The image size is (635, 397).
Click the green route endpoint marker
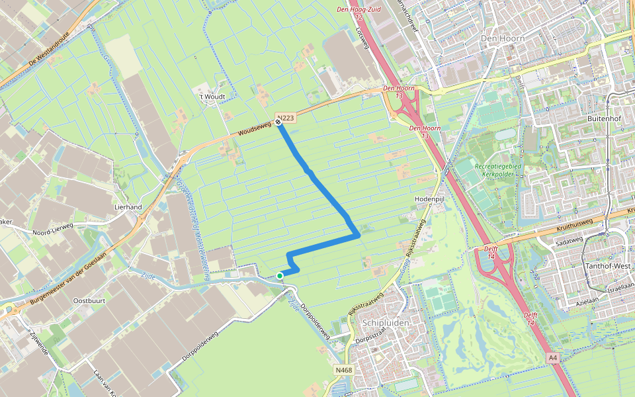[280, 275]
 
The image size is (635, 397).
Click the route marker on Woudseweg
[278, 122]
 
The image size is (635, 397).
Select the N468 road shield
[343, 371]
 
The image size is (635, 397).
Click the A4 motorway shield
[554, 357]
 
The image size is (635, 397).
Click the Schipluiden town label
[385, 322]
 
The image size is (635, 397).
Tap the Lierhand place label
[129, 207]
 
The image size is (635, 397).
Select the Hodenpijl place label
[427, 198]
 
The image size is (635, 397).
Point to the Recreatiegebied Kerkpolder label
[495, 170]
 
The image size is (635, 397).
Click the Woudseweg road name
[255, 132]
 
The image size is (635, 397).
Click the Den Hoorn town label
[503, 38]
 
